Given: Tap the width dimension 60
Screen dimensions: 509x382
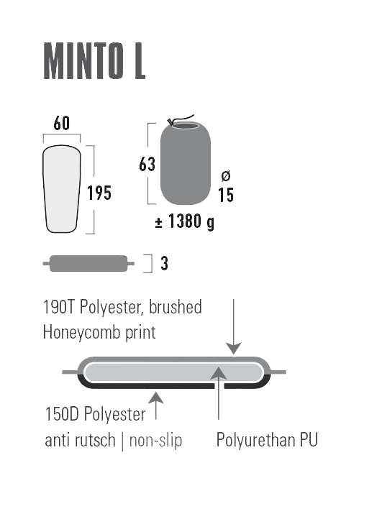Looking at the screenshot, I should (x=62, y=124).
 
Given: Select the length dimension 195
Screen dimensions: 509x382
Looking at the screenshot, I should (x=99, y=193).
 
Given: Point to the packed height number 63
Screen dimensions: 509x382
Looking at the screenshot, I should (x=147, y=164).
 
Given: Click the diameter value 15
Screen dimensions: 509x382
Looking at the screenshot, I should (x=226, y=195).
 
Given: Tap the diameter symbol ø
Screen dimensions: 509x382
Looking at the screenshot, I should (x=226, y=176).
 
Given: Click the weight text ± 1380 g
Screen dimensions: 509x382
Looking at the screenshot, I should (x=185, y=222).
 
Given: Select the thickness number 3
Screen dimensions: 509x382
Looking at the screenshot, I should (x=164, y=264).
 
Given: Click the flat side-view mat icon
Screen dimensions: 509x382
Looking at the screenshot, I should (x=88, y=263).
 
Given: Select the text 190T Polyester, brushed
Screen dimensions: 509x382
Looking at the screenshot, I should (x=122, y=307).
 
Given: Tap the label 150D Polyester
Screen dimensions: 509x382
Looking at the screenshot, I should (x=94, y=414).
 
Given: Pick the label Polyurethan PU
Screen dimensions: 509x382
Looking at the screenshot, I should (x=266, y=440).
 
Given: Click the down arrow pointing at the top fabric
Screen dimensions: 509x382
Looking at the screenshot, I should (x=233, y=327).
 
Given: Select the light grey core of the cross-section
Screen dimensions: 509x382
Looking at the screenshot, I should (x=173, y=372).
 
